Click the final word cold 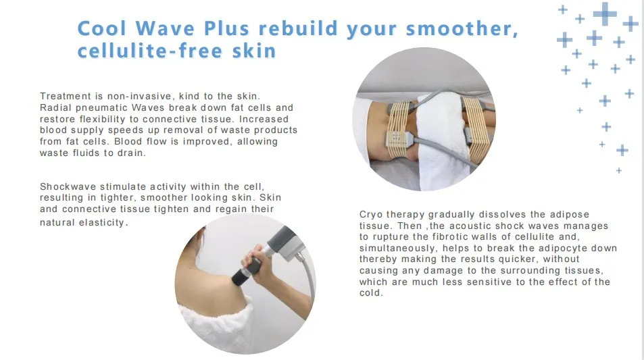coord(371,294)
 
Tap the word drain coord(132,153)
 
